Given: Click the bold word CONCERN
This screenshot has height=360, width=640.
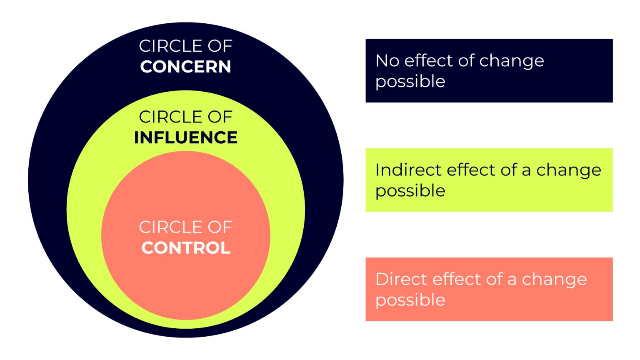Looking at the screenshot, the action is (x=185, y=67).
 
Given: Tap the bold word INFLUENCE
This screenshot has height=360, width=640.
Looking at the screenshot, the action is (x=186, y=137).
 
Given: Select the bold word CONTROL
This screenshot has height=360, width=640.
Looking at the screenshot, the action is (x=186, y=248).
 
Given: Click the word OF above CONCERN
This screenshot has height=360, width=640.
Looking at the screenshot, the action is (x=220, y=46).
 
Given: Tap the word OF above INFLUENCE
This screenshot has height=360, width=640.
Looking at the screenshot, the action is (x=220, y=117).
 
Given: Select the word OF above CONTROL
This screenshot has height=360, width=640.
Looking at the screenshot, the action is (x=220, y=227).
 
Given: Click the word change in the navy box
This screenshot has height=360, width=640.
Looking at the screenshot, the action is (x=511, y=61).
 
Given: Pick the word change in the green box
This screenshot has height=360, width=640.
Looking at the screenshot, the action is (x=569, y=170).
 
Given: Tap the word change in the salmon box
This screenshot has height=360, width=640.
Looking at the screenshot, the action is (x=554, y=280).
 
